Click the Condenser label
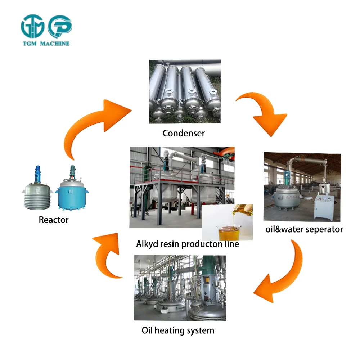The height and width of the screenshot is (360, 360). (184, 133)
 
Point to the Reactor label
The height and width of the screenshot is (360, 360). (54, 220)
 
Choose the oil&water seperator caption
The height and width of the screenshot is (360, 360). (304, 229)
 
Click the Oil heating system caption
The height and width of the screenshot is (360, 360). (178, 330)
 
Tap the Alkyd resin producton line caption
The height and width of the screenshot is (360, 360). (188, 244)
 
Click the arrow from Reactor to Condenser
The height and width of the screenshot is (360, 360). (95, 122)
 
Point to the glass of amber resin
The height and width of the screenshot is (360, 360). (227, 230)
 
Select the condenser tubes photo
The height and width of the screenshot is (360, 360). (185, 92)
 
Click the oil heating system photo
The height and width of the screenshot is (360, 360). (180, 288)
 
